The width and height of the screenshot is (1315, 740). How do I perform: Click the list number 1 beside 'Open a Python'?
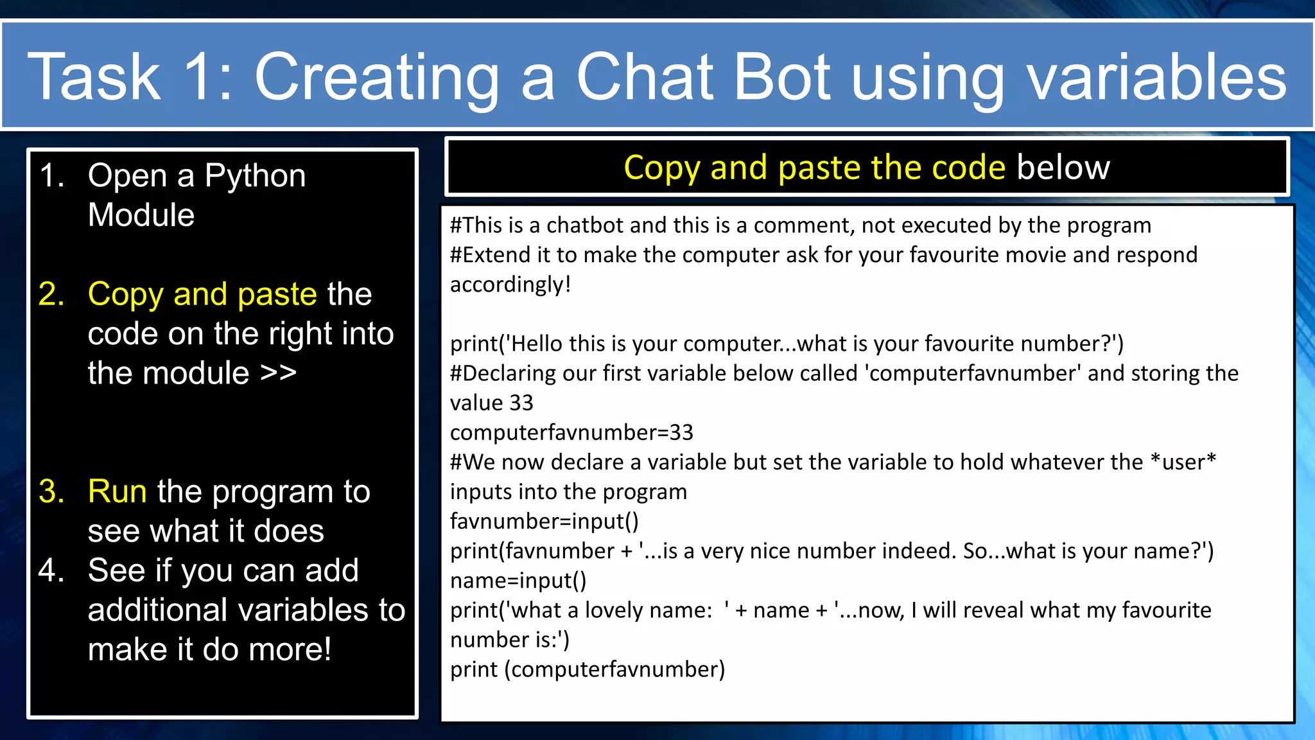pos(53,175)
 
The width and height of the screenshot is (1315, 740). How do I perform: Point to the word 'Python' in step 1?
pos(255,175)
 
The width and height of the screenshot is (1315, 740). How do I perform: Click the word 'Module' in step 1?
pos(141,215)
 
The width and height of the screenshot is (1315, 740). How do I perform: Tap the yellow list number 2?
pos(51,294)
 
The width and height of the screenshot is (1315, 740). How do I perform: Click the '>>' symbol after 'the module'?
pos(278,373)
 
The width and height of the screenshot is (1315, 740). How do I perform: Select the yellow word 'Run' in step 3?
pos(118,491)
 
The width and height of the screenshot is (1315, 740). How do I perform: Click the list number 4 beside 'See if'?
pos(51,570)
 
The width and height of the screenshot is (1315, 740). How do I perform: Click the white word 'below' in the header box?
pos(1063,168)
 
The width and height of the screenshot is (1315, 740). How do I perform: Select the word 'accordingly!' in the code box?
pos(510,285)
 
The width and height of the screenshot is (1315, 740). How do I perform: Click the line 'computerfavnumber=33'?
pos(571,432)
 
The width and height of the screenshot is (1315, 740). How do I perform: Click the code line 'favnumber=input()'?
pos(544,521)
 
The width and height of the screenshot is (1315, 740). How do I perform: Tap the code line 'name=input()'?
pos(518,580)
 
